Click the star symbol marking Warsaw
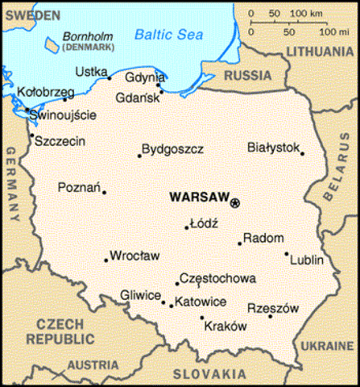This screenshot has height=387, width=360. (235, 202)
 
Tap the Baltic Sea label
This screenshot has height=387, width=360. (166, 35)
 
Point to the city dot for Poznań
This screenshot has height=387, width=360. (104, 192)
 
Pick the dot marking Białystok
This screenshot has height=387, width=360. (303, 153)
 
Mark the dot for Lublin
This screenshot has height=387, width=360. (287, 254)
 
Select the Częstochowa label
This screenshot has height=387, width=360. (217, 278)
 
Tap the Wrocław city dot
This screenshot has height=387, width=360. (106, 260)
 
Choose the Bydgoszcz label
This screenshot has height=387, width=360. (172, 149)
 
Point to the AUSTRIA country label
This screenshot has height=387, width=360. (92, 365)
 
